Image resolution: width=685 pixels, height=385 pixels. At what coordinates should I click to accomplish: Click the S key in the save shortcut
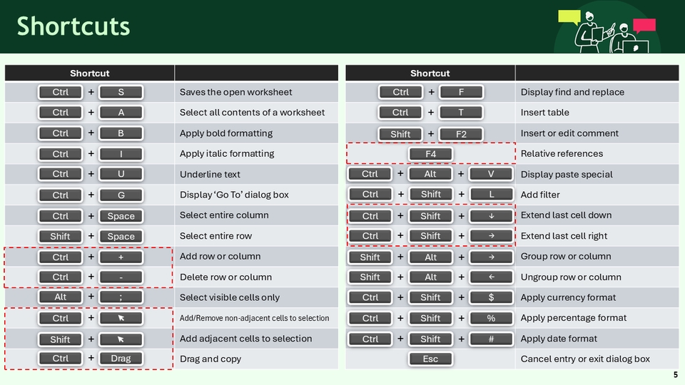(x=121, y=92)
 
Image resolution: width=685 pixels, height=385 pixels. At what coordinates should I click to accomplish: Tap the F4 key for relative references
(x=430, y=154)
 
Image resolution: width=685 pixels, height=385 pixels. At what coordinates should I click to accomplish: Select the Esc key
(x=430, y=359)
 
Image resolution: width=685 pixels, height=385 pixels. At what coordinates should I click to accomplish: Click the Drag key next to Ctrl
(x=121, y=359)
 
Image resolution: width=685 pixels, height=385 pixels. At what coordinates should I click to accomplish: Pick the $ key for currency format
(x=491, y=297)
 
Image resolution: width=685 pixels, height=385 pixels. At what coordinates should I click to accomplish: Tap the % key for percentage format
(x=491, y=318)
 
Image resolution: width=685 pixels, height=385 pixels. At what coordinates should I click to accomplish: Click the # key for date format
(x=491, y=339)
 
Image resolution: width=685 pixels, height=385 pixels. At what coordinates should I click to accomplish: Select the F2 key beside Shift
(x=461, y=134)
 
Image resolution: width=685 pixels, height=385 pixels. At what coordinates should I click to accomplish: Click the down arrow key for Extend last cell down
(x=491, y=215)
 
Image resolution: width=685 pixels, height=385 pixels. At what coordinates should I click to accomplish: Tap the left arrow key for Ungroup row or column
(x=491, y=277)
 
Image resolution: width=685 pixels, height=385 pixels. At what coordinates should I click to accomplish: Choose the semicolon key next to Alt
(x=121, y=297)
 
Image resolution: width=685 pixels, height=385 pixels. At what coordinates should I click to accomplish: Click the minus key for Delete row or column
(x=121, y=277)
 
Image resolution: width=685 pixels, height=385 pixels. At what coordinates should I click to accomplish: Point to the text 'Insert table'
(x=544, y=112)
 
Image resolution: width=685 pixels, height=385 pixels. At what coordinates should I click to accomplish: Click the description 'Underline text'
(x=210, y=174)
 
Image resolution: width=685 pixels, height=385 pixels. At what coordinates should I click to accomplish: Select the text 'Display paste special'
(x=567, y=174)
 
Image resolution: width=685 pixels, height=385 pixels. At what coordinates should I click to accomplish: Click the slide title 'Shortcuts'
(x=73, y=26)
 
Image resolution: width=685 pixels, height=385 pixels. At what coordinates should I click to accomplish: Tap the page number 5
(x=676, y=374)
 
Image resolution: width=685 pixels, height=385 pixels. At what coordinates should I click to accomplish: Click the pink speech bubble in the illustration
(x=644, y=26)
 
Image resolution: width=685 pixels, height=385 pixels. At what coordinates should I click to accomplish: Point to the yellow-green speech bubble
(x=569, y=17)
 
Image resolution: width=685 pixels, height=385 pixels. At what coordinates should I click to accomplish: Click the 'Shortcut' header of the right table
(x=430, y=73)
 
